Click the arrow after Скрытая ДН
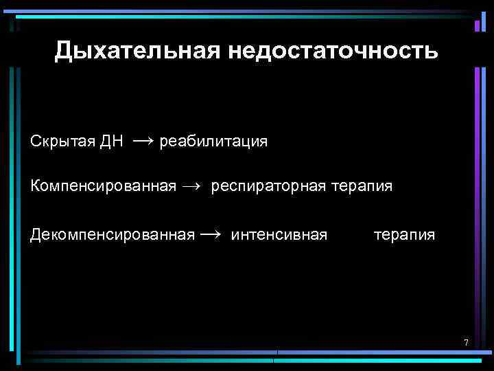click(143, 141)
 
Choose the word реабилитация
click(213, 142)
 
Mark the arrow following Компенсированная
click(193, 186)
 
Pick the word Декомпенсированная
click(113, 235)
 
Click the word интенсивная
click(279, 235)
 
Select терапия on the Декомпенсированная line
click(404, 235)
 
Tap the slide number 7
click(466, 343)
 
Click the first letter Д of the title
click(63, 51)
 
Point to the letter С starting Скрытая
click(35, 142)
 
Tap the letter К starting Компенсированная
click(35, 186)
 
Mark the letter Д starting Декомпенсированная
click(36, 235)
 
